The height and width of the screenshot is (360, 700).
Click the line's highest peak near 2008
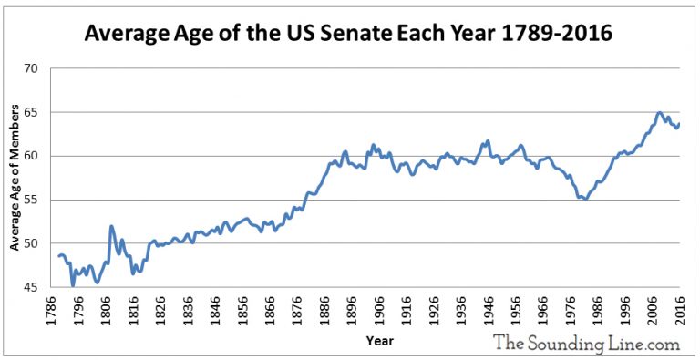pos(659,113)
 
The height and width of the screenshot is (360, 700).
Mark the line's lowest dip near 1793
pos(73,285)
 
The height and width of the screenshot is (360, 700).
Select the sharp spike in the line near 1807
pos(111,226)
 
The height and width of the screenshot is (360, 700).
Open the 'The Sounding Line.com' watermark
pos(586,343)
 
